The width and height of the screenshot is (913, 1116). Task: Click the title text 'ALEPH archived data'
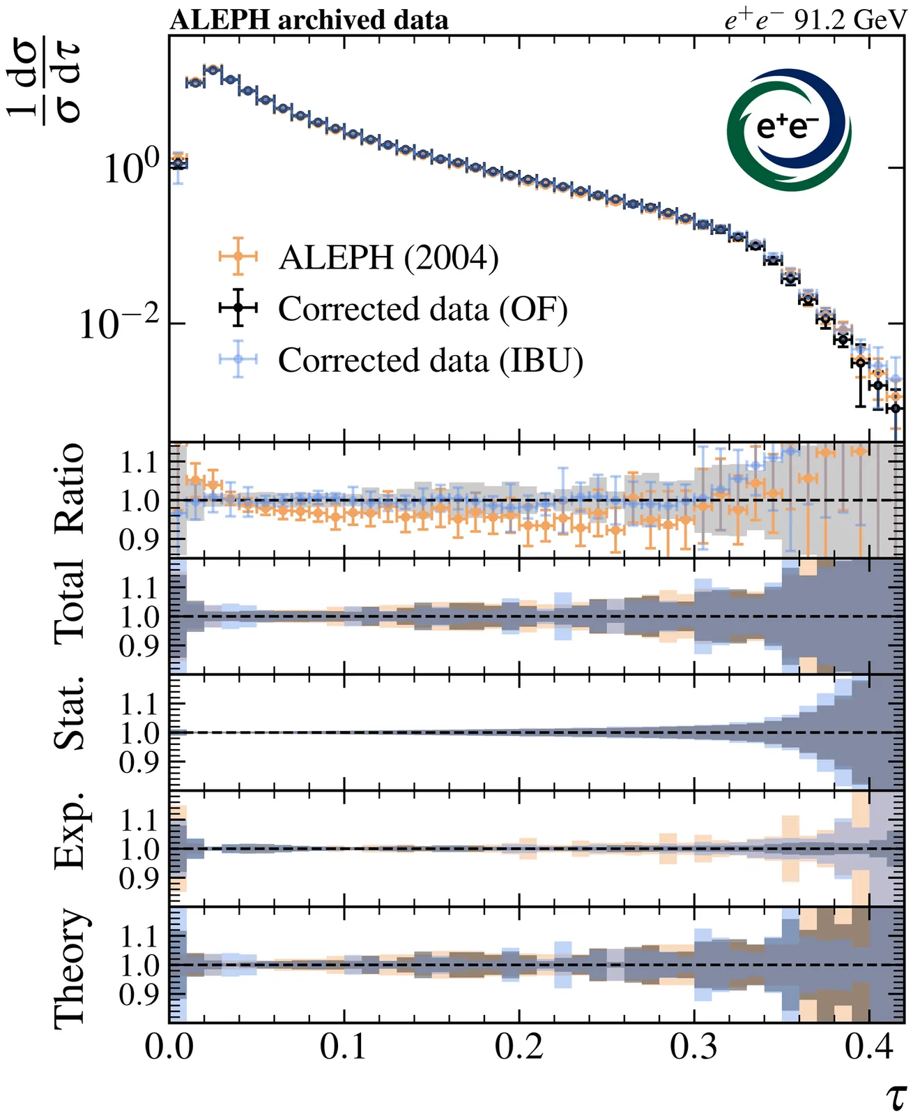[x=309, y=20]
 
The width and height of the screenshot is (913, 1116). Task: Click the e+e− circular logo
[x=788, y=130]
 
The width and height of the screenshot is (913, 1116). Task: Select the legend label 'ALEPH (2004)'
[x=388, y=257]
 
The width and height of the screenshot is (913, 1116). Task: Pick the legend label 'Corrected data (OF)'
[x=422, y=308]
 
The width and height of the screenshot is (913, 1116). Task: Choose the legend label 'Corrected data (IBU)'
[x=430, y=360]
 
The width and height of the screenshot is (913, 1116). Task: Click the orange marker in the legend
[x=238, y=257]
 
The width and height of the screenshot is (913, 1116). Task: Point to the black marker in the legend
[x=238, y=307]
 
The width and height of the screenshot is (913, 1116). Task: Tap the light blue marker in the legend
[x=238, y=359]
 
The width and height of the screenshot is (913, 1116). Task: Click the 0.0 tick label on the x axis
[x=169, y=1047]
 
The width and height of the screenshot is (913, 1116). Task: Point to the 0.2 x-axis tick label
[x=519, y=1047]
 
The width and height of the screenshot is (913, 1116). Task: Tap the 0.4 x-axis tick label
[x=868, y=1047]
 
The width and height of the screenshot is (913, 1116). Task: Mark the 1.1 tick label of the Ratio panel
[x=139, y=463]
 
